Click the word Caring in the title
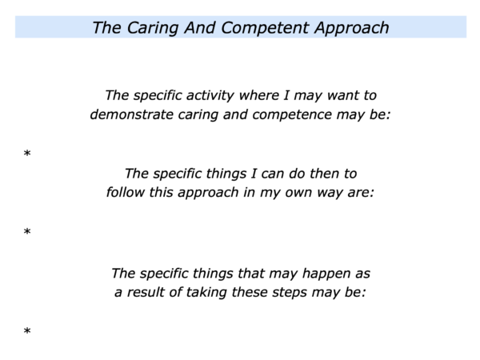153,28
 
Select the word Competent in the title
265,28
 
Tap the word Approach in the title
352,28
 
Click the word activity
210,95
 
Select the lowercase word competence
292,115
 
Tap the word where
259,95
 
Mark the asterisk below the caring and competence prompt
27,153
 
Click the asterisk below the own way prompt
27,231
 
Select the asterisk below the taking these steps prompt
27,330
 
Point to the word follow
126,192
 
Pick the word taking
206,293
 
